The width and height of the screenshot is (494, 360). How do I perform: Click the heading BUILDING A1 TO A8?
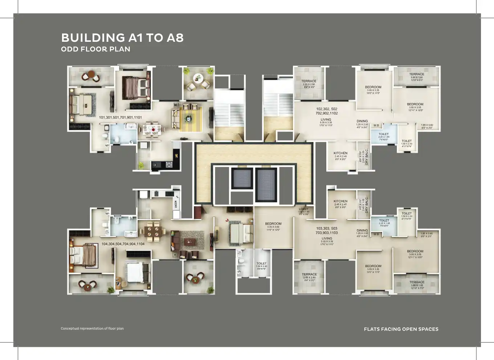point(122,38)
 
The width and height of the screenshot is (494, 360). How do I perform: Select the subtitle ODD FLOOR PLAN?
point(95,49)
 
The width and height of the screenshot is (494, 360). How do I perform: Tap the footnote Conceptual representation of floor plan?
point(92,328)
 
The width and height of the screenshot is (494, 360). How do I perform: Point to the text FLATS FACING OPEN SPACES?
point(401,329)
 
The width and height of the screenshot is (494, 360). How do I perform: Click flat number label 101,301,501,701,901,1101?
point(121,117)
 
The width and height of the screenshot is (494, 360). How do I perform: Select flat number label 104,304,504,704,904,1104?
point(123,244)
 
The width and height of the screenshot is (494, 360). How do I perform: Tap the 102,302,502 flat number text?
point(327,109)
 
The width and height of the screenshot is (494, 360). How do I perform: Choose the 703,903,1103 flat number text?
point(327,233)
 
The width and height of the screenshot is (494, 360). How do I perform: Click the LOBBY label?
point(304,209)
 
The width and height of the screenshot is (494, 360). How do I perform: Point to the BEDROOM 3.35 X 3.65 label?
point(273,224)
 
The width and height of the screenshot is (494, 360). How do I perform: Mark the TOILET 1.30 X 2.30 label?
point(261,263)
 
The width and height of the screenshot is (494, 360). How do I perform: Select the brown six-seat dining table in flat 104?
point(152,231)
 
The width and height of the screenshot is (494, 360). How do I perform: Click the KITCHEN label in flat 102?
point(340,153)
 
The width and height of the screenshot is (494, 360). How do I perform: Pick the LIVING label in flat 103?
point(327,238)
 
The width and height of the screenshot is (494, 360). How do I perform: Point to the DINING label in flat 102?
point(362,121)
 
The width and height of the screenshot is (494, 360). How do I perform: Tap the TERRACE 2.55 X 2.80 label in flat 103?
point(309,274)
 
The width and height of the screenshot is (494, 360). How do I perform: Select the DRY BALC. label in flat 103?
point(367,205)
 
